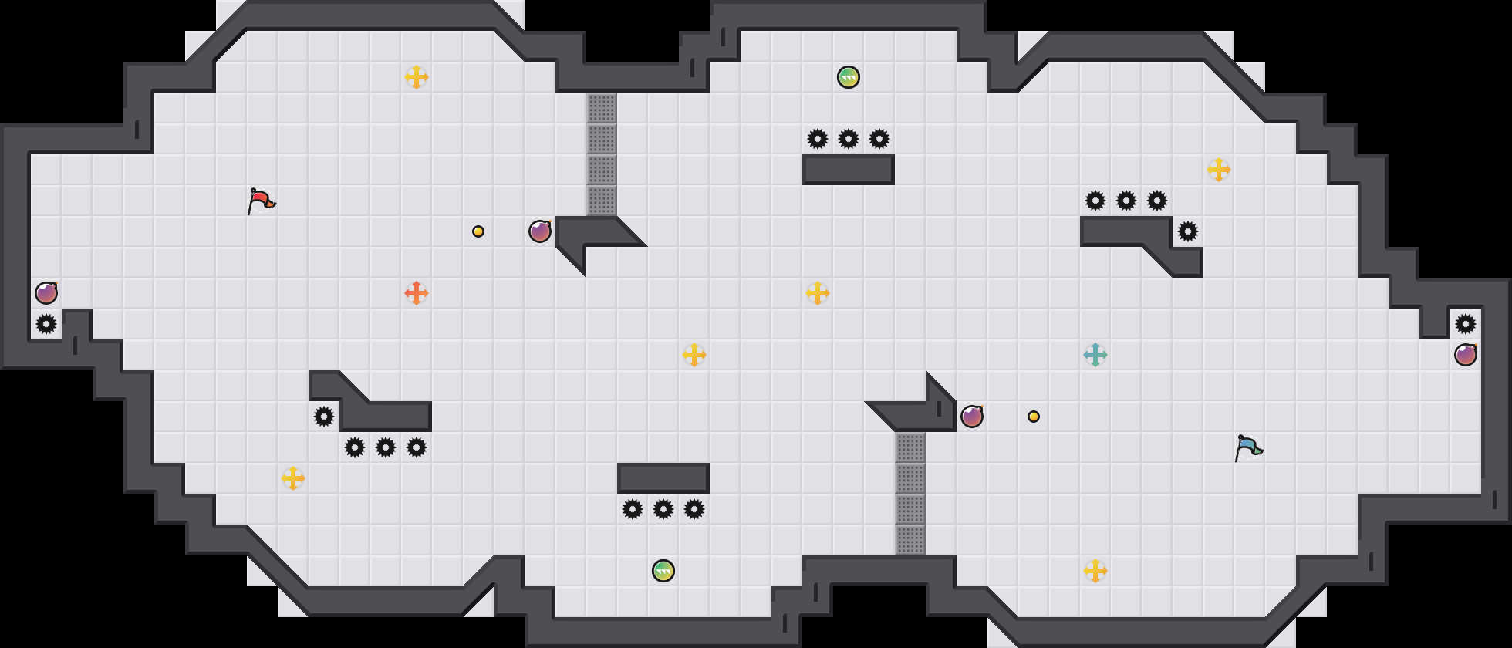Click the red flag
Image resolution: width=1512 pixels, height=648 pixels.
(261, 201)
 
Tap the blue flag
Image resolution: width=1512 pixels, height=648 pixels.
(1248, 447)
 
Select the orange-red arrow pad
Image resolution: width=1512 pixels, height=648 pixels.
(417, 293)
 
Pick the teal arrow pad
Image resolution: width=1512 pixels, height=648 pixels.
(1095, 355)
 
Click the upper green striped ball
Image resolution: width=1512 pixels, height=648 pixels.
(849, 77)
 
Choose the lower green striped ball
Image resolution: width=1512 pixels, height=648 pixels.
(663, 571)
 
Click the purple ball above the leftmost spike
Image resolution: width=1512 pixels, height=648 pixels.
(46, 293)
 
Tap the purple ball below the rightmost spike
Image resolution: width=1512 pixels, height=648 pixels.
(1466, 355)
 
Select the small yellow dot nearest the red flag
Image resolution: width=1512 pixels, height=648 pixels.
(478, 231)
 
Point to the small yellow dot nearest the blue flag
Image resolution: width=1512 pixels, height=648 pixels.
(1034, 417)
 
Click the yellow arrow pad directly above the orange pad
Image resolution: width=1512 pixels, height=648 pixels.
(417, 77)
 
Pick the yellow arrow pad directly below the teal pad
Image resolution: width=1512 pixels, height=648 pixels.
(1095, 571)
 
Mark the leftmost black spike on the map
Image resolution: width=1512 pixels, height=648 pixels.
(46, 324)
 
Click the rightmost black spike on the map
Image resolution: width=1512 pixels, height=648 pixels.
(1466, 324)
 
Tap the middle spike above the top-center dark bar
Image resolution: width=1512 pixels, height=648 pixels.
(849, 139)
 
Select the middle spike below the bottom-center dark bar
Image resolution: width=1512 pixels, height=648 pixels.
(663, 509)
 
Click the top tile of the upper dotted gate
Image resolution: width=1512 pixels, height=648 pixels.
(602, 108)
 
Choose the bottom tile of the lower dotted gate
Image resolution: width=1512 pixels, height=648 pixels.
(910, 540)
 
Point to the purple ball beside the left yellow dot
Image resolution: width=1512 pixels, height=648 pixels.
(540, 231)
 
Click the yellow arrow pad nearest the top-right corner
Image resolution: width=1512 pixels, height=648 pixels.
(1219, 170)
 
